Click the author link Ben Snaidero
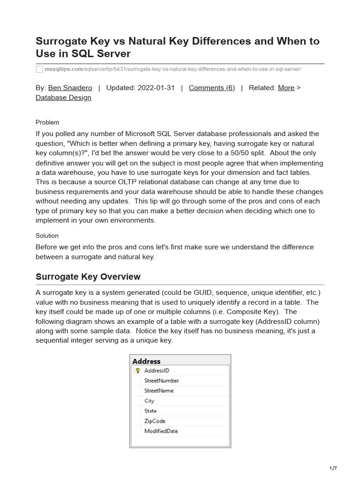[70, 88]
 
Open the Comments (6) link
[211, 88]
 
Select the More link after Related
[286, 88]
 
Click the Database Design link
[63, 97]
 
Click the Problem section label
[47, 122]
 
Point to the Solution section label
[47, 235]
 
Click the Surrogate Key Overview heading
[88, 277]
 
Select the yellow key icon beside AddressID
[138, 370]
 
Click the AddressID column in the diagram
[157, 370]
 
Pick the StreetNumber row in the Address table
[161, 381]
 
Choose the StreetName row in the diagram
[159, 390]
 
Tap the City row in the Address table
[149, 401]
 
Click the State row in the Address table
[150, 411]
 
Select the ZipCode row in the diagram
[155, 421]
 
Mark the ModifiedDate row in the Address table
[161, 431]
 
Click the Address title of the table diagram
[146, 361]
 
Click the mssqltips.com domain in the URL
[63, 69]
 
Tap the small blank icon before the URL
[39, 69]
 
